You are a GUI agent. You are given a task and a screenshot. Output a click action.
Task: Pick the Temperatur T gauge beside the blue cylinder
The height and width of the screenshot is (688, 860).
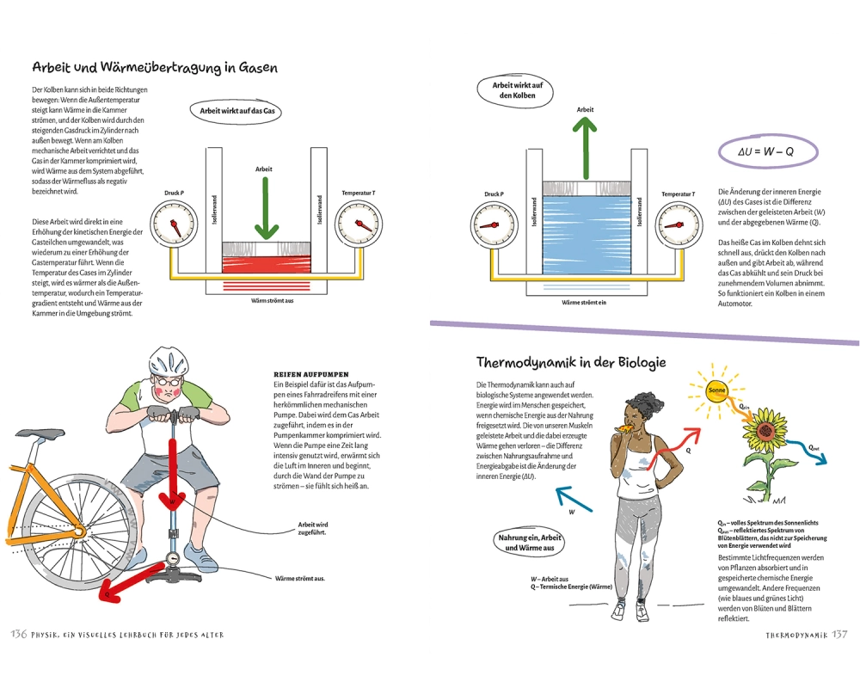678,225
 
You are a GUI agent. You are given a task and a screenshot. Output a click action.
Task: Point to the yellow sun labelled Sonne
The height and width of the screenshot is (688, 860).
716,391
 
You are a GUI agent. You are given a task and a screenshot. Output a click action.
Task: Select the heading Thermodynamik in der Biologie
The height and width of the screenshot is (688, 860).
571,362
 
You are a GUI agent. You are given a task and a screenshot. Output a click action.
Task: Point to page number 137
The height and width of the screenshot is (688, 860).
839,635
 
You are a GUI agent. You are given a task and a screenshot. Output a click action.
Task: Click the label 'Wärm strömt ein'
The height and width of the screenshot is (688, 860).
585,303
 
